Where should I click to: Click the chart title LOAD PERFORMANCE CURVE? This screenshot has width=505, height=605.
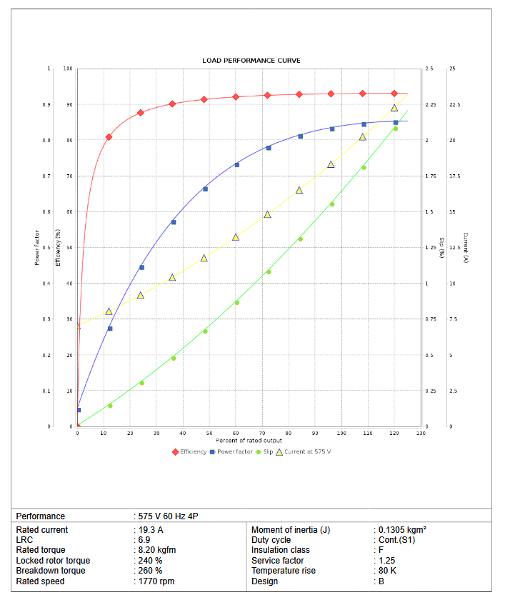(251, 61)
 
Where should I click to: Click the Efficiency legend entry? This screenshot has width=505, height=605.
(193, 451)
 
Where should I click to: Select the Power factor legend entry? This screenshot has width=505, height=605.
(234, 451)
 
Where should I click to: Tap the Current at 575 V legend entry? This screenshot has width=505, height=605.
(308, 451)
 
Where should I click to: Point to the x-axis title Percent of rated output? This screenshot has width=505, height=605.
(249, 441)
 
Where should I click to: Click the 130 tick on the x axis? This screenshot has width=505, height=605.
(420, 434)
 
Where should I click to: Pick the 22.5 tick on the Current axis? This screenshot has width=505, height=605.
(454, 105)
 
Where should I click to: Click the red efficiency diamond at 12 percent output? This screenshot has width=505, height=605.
(109, 137)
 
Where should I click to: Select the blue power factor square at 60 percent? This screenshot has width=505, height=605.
(237, 165)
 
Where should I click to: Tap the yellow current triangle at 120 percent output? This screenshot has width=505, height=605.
(394, 108)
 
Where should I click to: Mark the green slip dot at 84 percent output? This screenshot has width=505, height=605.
(300, 239)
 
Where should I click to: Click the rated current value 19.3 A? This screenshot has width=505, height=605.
(151, 530)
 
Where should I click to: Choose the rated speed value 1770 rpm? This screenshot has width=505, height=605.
(156, 581)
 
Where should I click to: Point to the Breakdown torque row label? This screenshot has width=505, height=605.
(51, 571)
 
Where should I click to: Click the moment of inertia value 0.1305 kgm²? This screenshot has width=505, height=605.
(402, 530)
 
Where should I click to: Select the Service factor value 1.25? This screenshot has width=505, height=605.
(387, 561)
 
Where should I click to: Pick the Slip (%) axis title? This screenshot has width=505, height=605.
(441, 248)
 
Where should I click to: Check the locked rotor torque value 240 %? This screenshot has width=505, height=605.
(151, 561)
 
